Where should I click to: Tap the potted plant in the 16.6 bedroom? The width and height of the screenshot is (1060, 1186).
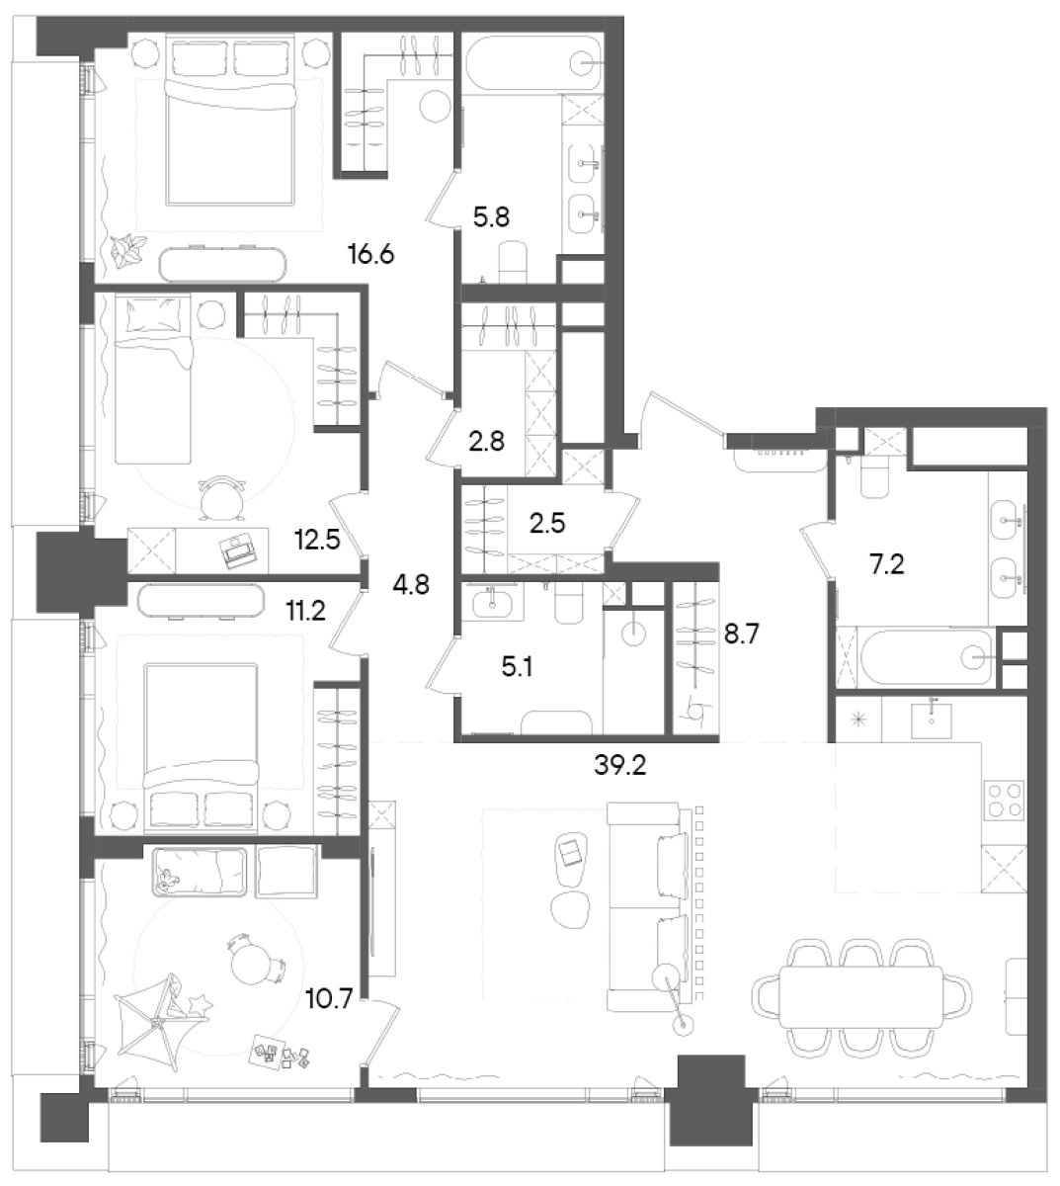coord(127,251)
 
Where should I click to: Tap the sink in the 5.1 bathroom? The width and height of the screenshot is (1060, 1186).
coord(491,603)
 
